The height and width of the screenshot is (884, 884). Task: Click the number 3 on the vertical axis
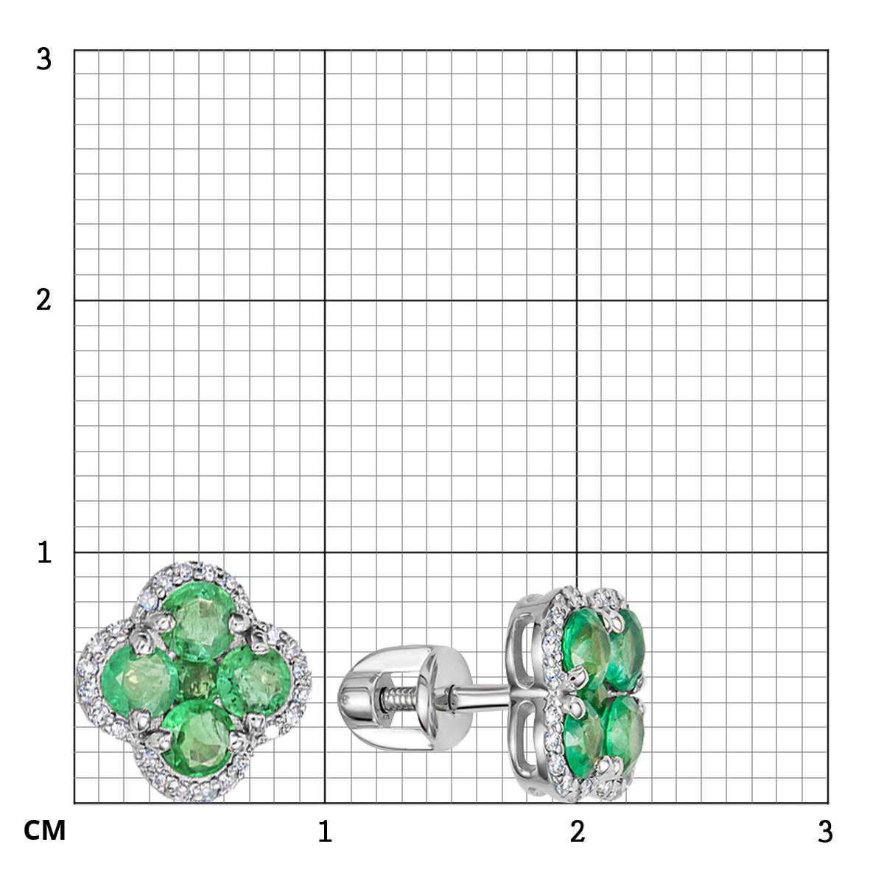[43, 60]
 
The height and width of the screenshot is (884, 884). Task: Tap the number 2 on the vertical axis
[43, 301]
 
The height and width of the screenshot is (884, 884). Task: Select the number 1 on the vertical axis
[44, 552]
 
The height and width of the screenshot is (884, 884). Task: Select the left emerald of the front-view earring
[139, 681]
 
